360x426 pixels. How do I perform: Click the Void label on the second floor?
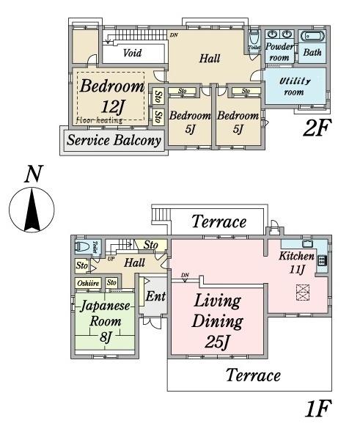pyautogui.click(x=132, y=54)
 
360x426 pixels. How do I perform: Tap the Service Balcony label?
pyautogui.click(x=114, y=140)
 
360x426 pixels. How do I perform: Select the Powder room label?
pyautogui.click(x=279, y=51)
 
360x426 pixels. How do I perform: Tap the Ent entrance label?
pyautogui.click(x=155, y=297)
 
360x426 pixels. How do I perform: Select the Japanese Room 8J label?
pyautogui.click(x=104, y=321)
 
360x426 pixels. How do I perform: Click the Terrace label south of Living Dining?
pyautogui.click(x=252, y=375)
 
